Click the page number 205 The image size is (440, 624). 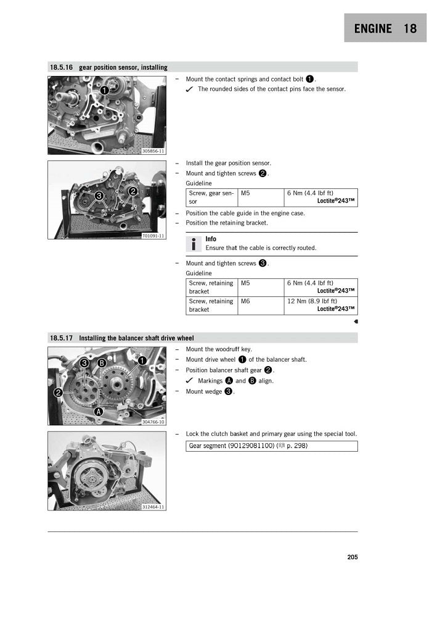[352, 557]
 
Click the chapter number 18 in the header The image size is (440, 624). [410, 28]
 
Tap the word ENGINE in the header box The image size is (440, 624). [373, 28]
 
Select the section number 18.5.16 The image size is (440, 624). [61, 67]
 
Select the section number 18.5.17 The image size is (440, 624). [61, 338]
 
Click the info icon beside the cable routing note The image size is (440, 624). [193, 244]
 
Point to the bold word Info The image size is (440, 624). [211, 239]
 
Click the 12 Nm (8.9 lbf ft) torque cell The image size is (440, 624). [312, 301]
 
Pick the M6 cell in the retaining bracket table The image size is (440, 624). [245, 301]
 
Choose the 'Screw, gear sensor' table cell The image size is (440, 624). [211, 198]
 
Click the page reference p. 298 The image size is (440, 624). [297, 446]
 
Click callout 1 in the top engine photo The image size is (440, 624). [104, 90]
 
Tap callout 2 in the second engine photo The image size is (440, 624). [132, 191]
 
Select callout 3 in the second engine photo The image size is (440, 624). [99, 196]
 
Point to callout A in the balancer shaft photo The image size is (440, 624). [98, 412]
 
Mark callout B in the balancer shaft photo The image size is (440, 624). [102, 363]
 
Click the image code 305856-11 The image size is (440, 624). [153, 151]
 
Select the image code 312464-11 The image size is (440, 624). [153, 507]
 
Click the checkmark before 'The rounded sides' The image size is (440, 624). [190, 89]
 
